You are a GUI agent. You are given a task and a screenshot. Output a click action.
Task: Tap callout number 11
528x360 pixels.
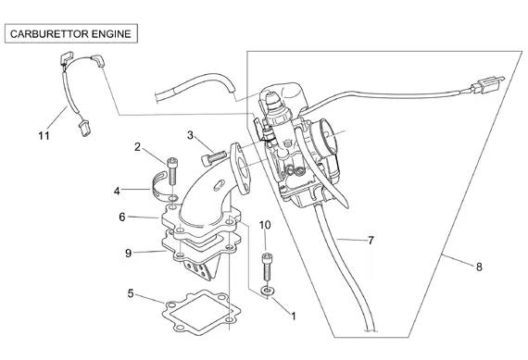(44, 136)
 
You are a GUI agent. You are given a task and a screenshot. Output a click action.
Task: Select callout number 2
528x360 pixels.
(137, 147)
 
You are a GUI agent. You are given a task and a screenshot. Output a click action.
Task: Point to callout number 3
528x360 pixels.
(190, 136)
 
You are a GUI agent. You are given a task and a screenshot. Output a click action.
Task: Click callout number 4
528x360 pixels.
(117, 192)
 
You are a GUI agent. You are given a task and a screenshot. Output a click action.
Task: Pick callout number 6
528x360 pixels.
(122, 217)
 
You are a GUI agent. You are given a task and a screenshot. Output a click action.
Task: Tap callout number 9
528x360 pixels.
(128, 253)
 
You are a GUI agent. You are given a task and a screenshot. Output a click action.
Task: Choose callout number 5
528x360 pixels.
(131, 293)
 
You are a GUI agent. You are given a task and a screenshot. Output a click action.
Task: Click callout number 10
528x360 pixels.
(265, 225)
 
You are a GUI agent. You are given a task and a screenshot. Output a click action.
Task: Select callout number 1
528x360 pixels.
(294, 317)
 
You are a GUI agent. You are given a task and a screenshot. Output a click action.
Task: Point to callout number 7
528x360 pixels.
(371, 241)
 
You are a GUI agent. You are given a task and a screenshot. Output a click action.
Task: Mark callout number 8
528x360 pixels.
(479, 267)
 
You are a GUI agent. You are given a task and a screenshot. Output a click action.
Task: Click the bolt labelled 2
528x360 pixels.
(172, 171)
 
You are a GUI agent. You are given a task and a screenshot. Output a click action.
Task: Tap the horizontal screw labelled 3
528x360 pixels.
(213, 157)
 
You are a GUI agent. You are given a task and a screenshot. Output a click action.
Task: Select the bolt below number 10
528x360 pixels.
(267, 267)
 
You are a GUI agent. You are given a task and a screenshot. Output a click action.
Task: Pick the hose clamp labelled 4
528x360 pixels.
(159, 185)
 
